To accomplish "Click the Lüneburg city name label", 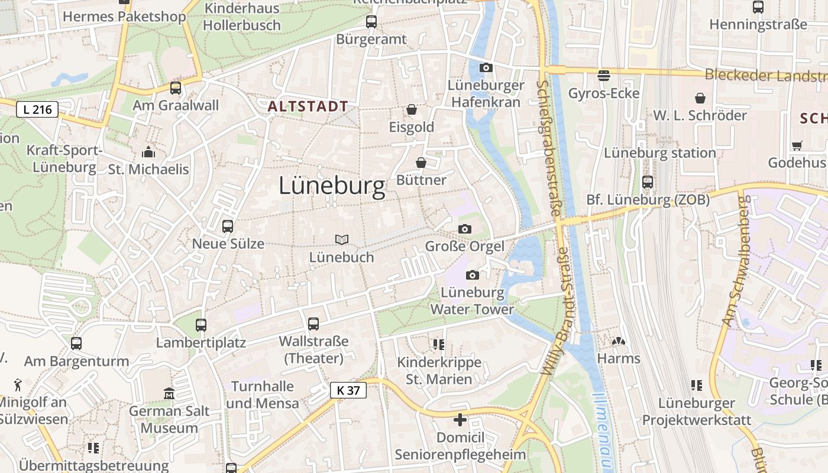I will pyautogui.click(x=332, y=186).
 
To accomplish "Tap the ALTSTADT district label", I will pyautogui.click(x=308, y=106).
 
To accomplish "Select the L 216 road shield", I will pyautogui.click(x=37, y=109).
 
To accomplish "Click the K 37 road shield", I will pyautogui.click(x=348, y=390).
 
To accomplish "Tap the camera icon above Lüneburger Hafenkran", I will pyautogui.click(x=486, y=68).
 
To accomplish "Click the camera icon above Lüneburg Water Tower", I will pyautogui.click(x=472, y=275).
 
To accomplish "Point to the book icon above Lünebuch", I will pyautogui.click(x=342, y=239).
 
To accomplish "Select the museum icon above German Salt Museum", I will pyautogui.click(x=169, y=393).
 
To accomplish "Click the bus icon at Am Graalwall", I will pyautogui.click(x=176, y=88).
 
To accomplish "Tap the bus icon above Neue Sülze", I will pyautogui.click(x=228, y=226).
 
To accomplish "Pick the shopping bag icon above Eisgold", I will pyautogui.click(x=412, y=109).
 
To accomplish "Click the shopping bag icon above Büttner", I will pyautogui.click(x=421, y=163).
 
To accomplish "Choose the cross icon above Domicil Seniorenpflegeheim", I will pyautogui.click(x=460, y=420).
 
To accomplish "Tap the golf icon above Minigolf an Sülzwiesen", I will pyautogui.click(x=18, y=385).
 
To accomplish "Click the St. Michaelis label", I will pyautogui.click(x=148, y=169).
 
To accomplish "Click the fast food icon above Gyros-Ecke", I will pyautogui.click(x=604, y=75).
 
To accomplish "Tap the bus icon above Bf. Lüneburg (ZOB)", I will pyautogui.click(x=648, y=182).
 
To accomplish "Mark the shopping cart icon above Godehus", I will pyautogui.click(x=797, y=145).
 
